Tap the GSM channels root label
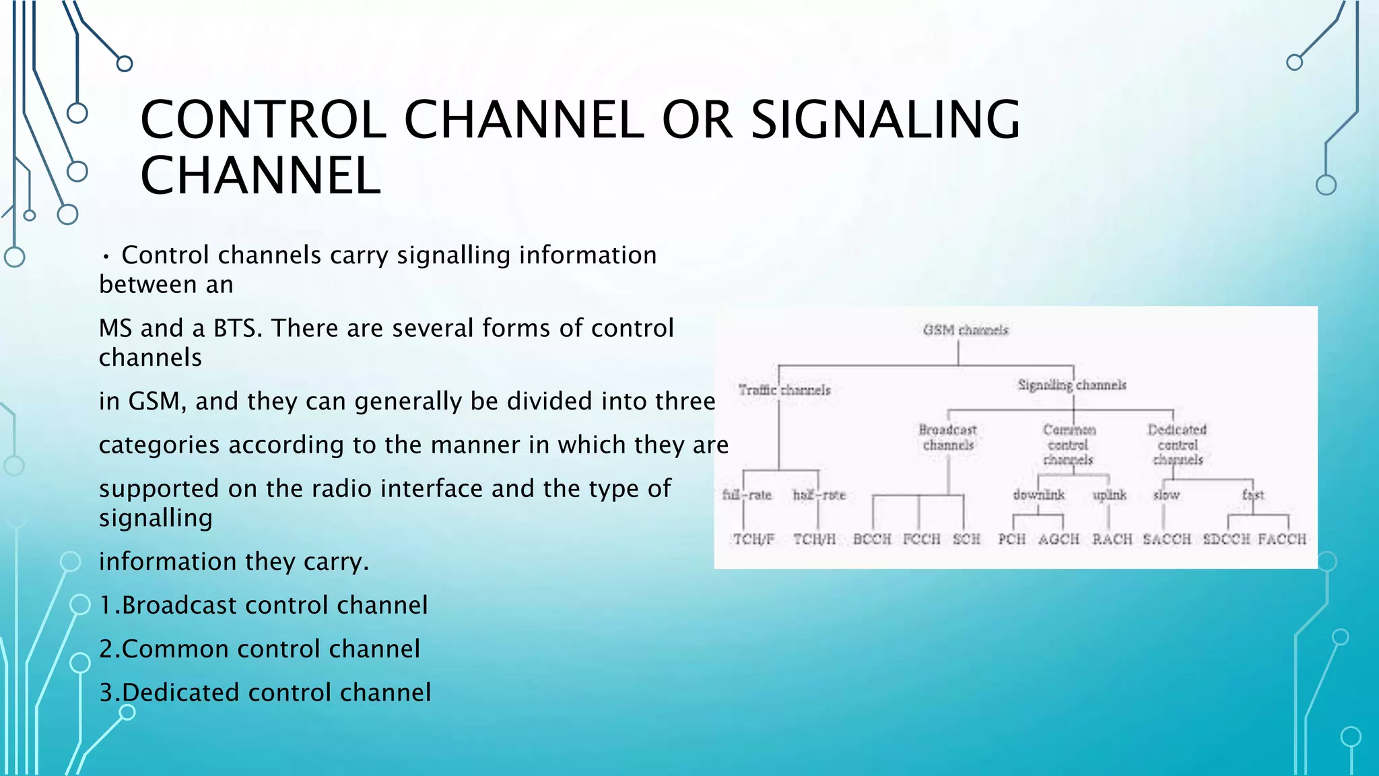coord(966,330)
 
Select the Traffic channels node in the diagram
coord(784,390)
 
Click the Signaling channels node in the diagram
coord(1072,385)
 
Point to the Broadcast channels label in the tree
coord(948,437)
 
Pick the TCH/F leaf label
coord(753,539)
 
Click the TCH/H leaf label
coord(814,539)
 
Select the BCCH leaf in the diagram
coord(872,539)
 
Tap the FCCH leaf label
coord(921,539)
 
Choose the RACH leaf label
coord(1112,539)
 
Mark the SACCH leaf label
coord(1167,539)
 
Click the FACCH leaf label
coord(1282,539)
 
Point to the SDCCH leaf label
coord(1226,539)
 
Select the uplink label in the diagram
coord(1109,495)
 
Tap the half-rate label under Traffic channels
coord(819,495)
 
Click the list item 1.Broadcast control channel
coord(263,605)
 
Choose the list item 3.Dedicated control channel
coord(265,692)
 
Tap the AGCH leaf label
coord(1058,539)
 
